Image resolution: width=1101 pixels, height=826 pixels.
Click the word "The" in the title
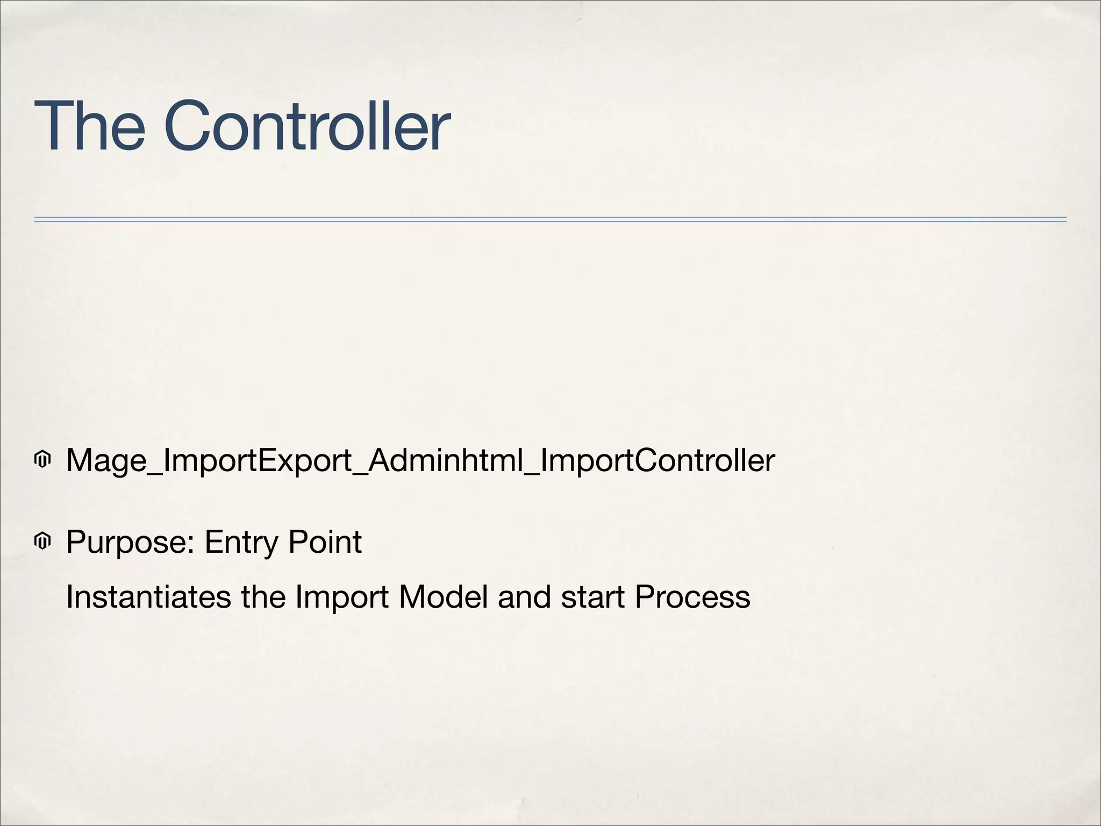pyautogui.click(x=89, y=126)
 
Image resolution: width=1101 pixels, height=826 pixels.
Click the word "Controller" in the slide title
pyautogui.click(x=307, y=126)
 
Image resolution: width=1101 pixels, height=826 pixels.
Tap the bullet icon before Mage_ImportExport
pyautogui.click(x=42, y=460)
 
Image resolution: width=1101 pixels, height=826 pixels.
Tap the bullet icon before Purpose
pyautogui.click(x=42, y=541)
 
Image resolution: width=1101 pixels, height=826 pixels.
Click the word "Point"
pyautogui.click(x=325, y=542)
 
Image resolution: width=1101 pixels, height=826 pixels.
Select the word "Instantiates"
pyautogui.click(x=148, y=597)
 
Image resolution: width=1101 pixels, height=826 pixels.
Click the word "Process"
pyautogui.click(x=692, y=597)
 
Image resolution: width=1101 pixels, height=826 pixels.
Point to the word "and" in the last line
pyautogui.click(x=524, y=597)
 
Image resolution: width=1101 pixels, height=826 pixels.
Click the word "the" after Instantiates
pyautogui.click(x=263, y=597)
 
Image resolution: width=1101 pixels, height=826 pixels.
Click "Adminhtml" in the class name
pyautogui.click(x=446, y=460)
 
